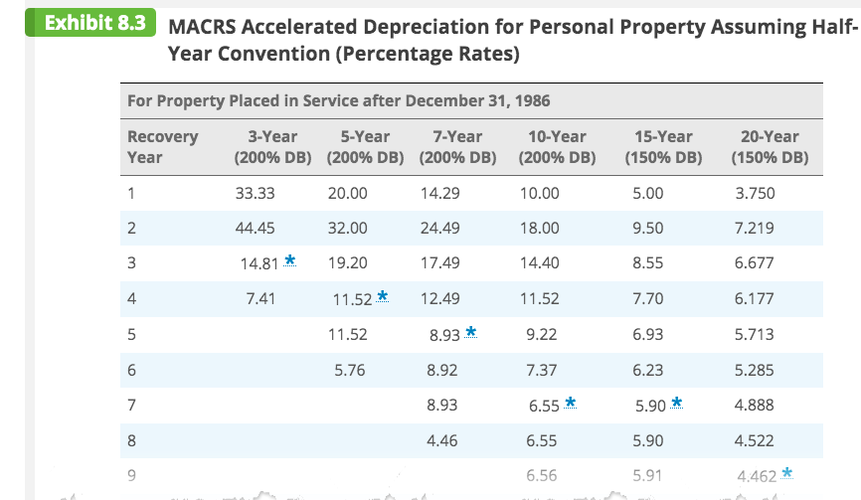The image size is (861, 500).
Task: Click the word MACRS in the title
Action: pos(206,27)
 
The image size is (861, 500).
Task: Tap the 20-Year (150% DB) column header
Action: pos(770,146)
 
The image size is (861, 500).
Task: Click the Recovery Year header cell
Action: pos(163,146)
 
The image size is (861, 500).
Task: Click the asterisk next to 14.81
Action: pos(289,260)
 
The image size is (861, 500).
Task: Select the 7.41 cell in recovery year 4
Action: pos(259,298)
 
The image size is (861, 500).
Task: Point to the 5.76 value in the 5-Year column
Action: pos(347,370)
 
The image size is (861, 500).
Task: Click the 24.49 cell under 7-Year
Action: pos(440,228)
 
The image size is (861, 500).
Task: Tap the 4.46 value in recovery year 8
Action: pos(440,440)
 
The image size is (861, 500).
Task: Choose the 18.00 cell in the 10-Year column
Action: pos(540,228)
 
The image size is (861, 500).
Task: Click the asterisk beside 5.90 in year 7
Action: pos(677,402)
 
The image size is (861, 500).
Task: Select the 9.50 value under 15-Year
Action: pos(648,228)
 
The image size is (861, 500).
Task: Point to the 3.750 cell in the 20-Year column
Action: pos(754,193)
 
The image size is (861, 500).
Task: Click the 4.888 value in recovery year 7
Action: pos(754,406)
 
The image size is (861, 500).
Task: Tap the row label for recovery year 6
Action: pos(131,370)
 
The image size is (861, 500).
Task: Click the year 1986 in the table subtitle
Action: pos(532,100)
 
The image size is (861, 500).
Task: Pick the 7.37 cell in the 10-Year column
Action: pos(540,370)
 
